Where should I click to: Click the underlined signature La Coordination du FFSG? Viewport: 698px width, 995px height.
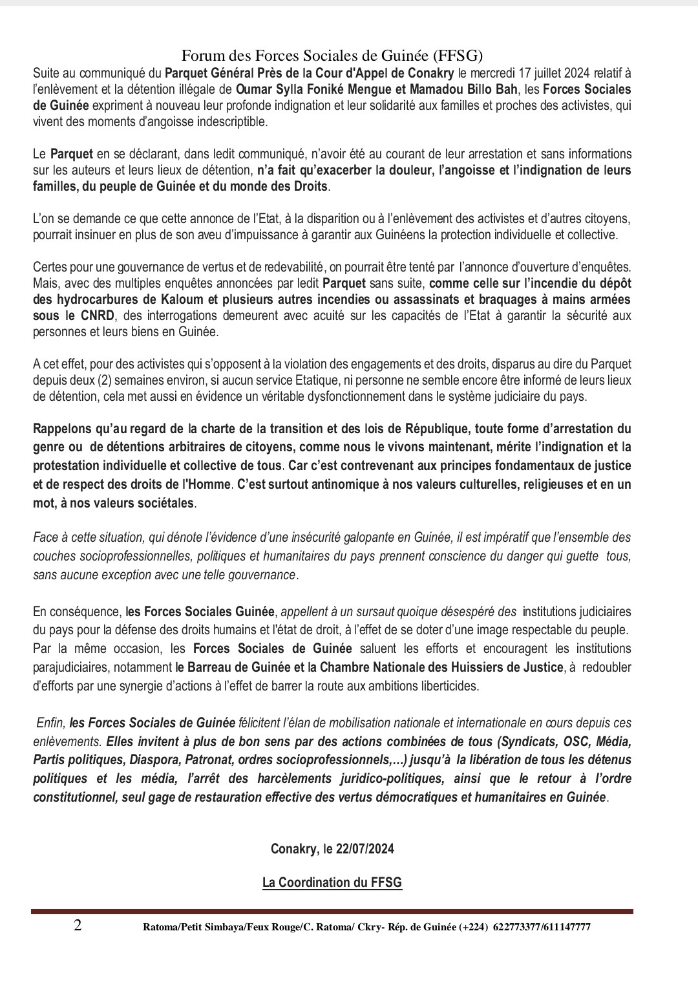click(332, 883)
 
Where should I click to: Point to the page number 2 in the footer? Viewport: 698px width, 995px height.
click(78, 926)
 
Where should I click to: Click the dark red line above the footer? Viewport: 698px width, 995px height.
click(332, 912)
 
